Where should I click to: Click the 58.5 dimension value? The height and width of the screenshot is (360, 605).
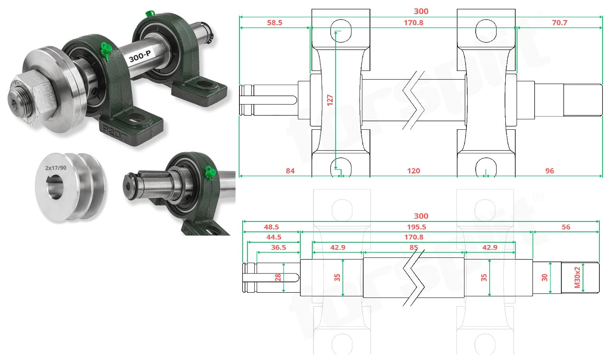(274, 23)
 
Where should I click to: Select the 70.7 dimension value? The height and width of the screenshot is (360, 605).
(559, 23)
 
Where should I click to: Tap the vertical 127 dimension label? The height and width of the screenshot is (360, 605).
(330, 100)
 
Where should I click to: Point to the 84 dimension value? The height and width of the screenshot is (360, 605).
(290, 171)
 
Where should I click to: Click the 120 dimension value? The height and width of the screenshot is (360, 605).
(414, 171)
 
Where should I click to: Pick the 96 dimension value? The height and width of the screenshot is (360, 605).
(550, 171)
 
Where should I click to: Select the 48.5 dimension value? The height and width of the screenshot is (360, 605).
(271, 227)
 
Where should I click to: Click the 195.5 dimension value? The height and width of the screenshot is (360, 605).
(416, 227)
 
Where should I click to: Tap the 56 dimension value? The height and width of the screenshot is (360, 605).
(566, 227)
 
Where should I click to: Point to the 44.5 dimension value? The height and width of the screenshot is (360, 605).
(273, 237)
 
